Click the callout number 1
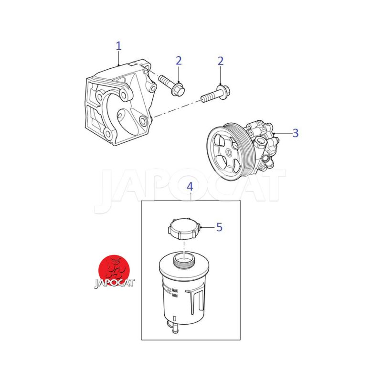click(x=118, y=46)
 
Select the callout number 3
click(x=295, y=133)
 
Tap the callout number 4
click(x=190, y=187)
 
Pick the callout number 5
click(x=220, y=227)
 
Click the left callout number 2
click(x=179, y=61)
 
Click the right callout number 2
click(x=221, y=61)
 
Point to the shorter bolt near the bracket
click(x=171, y=85)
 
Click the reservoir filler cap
click(x=184, y=229)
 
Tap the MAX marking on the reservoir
click(x=175, y=291)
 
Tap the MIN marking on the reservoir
click(x=175, y=296)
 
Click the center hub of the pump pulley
click(x=229, y=153)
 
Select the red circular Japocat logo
click(x=114, y=270)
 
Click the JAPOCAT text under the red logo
click(x=114, y=283)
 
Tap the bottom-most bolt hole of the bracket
click(x=108, y=133)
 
